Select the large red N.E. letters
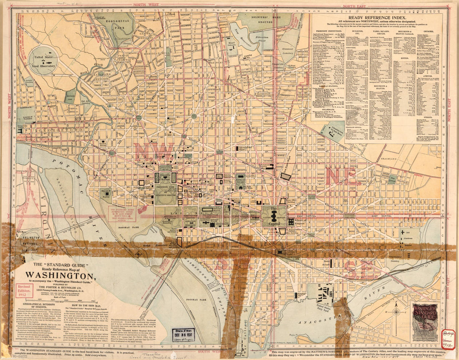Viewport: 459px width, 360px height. pos(341,176)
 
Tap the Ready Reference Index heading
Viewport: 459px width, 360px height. pos(376,17)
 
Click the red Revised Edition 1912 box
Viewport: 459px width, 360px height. pos(24,290)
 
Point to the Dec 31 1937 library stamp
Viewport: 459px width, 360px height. pos(184,335)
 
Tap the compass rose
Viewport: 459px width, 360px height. pos(396,312)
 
